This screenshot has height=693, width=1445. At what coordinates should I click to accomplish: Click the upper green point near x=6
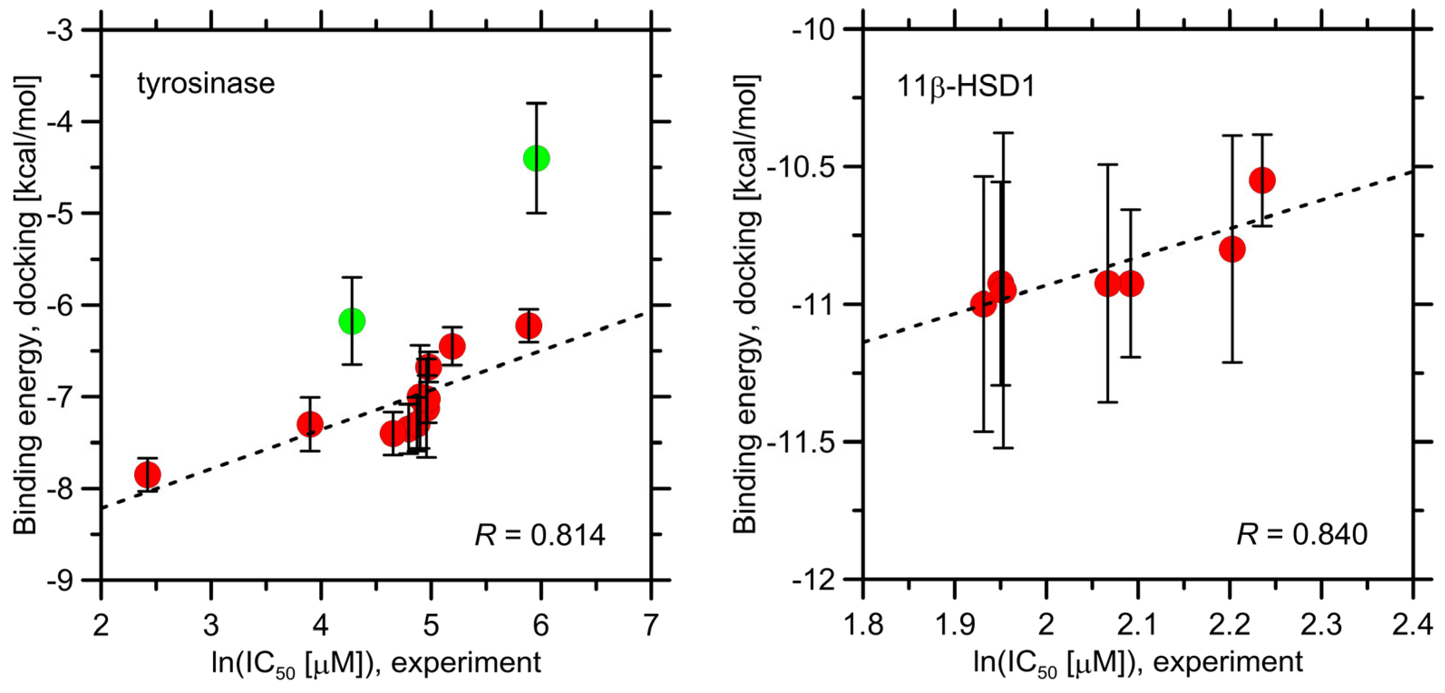pyautogui.click(x=536, y=158)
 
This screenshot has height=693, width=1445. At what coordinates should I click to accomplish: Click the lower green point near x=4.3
pyautogui.click(x=352, y=321)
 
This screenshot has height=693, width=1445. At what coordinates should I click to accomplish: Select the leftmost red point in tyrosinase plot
pyautogui.click(x=147, y=474)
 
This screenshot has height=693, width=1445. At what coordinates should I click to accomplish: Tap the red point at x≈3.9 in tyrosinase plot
pyautogui.click(x=310, y=424)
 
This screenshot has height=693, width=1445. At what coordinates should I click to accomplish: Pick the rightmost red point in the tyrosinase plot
pyautogui.click(x=529, y=325)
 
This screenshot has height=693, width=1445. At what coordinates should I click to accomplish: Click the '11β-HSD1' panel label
pyautogui.click(x=965, y=87)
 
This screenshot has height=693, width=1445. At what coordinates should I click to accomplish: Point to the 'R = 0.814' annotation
pyautogui.click(x=540, y=535)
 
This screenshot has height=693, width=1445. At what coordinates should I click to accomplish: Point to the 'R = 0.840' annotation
pyautogui.click(x=1302, y=534)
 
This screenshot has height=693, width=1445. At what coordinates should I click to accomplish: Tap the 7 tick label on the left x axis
pyautogui.click(x=650, y=626)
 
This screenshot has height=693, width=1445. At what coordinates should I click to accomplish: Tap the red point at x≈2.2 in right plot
pyautogui.click(x=1232, y=249)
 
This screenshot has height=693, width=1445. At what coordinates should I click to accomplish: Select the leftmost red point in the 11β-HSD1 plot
pyautogui.click(x=983, y=304)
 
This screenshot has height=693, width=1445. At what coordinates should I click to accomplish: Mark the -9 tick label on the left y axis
pyautogui.click(x=59, y=580)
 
